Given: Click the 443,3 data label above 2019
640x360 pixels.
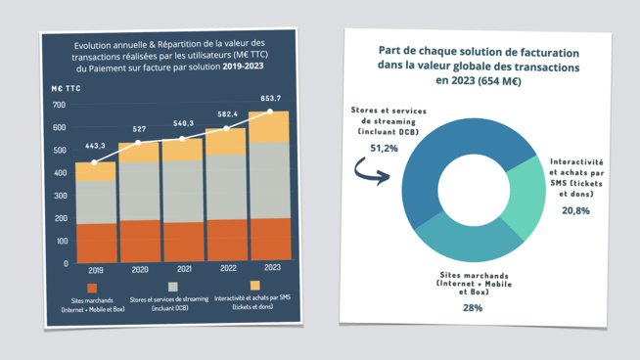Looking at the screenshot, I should [x=95, y=146].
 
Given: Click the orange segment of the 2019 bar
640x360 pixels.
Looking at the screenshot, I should [x=96, y=242].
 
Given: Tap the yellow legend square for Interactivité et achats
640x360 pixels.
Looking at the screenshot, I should [x=255, y=289].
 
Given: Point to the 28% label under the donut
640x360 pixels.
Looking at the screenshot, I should [x=472, y=307].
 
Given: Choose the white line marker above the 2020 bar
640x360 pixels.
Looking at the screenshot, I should [x=138, y=143].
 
